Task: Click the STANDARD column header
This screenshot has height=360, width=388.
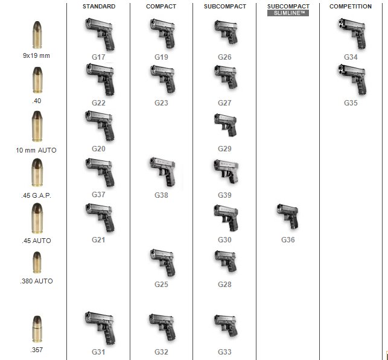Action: click(x=99, y=7)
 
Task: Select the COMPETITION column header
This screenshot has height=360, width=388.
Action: click(x=351, y=7)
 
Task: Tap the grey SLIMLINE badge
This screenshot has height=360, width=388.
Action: click(x=288, y=13)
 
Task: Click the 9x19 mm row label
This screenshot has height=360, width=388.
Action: click(x=36, y=55)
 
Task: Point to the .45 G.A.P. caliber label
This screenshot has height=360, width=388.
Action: click(x=36, y=195)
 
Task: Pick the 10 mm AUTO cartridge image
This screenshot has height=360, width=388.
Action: click(x=37, y=127)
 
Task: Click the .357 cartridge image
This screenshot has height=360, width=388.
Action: click(x=37, y=329)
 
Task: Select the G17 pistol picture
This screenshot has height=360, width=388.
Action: click(x=100, y=35)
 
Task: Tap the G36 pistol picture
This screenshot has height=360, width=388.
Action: click(x=288, y=216)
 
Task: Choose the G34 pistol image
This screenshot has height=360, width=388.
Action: click(x=352, y=34)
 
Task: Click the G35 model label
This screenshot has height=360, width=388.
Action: click(x=351, y=103)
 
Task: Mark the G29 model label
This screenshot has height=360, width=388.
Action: click(x=224, y=148)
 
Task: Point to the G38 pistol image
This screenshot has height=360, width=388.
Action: click(x=163, y=172)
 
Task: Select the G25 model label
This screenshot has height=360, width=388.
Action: click(x=161, y=285)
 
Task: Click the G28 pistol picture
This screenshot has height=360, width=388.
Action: click(x=226, y=262)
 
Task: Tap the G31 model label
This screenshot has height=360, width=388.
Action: click(x=98, y=352)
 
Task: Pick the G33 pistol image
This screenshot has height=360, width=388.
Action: click(x=226, y=326)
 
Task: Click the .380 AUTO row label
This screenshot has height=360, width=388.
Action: click(x=36, y=281)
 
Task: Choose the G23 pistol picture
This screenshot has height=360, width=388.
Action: click(x=163, y=79)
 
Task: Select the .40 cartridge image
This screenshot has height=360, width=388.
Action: click(x=37, y=80)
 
